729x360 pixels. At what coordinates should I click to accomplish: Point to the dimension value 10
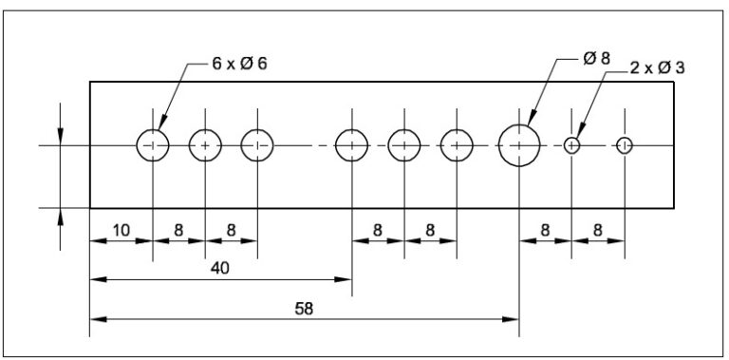[x=121, y=230]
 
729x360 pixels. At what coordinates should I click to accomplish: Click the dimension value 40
[x=219, y=269]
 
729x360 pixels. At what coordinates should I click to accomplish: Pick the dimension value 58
[x=304, y=309]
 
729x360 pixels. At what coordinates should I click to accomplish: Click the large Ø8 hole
[x=519, y=145]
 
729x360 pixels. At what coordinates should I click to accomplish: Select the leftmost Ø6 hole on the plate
[x=153, y=145]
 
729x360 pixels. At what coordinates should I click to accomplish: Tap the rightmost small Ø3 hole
[x=624, y=145]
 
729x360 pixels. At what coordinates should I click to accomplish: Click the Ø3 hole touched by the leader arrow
[x=571, y=145]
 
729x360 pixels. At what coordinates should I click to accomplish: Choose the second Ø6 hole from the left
[x=205, y=145]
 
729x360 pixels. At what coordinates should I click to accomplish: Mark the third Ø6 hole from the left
[x=256, y=145]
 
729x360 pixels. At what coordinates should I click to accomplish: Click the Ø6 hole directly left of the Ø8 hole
[x=457, y=145]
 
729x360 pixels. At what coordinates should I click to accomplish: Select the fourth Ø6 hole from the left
[x=351, y=145]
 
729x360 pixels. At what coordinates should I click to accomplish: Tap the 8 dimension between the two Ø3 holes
[x=597, y=230]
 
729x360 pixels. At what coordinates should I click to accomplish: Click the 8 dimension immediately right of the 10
[x=178, y=230]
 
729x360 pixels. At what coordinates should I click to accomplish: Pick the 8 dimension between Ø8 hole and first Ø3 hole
[x=545, y=230]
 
